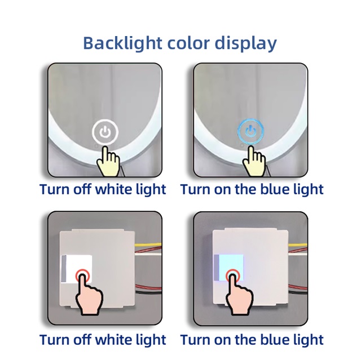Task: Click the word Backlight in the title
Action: pyautogui.click(x=122, y=43)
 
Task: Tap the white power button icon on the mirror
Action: pyautogui.click(x=105, y=132)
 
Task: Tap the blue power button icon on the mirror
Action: pyautogui.click(x=250, y=132)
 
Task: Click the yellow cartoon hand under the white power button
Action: pyautogui.click(x=109, y=162)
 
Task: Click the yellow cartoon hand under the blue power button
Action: pyautogui.click(x=254, y=162)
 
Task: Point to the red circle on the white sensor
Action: pyautogui.click(x=82, y=276)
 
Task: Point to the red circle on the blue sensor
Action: pyautogui.click(x=233, y=275)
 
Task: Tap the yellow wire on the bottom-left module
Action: pyautogui.click(x=148, y=245)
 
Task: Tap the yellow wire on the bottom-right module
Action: pyautogui.click(x=298, y=245)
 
